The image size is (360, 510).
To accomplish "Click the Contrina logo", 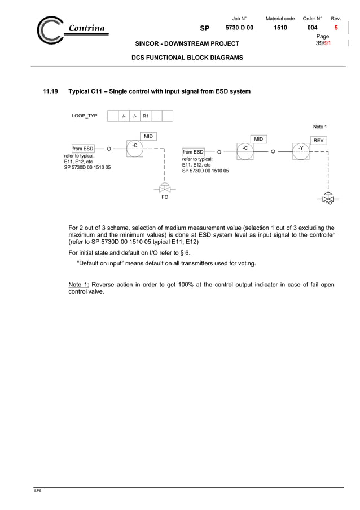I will click(71, 29).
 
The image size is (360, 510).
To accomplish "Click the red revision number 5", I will click(336, 28).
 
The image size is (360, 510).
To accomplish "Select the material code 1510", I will click(280, 28).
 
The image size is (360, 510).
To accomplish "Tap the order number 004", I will click(311, 28).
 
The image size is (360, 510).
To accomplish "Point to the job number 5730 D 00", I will click(239, 28).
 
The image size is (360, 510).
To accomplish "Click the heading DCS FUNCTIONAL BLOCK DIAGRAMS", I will click(187, 58).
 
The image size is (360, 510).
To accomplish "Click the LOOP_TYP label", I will click(84, 116).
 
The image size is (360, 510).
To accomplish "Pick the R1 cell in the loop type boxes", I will click(146, 116).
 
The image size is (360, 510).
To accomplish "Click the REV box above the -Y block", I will click(319, 140).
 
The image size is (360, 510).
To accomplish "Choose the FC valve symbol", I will click(165, 189).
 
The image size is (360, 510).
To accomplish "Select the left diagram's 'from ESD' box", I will click(82, 149).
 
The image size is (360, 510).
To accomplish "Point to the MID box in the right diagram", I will click(258, 139).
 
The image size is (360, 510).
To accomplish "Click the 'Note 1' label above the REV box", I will click(319, 127).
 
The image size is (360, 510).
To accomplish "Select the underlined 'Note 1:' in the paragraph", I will click(78, 285).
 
